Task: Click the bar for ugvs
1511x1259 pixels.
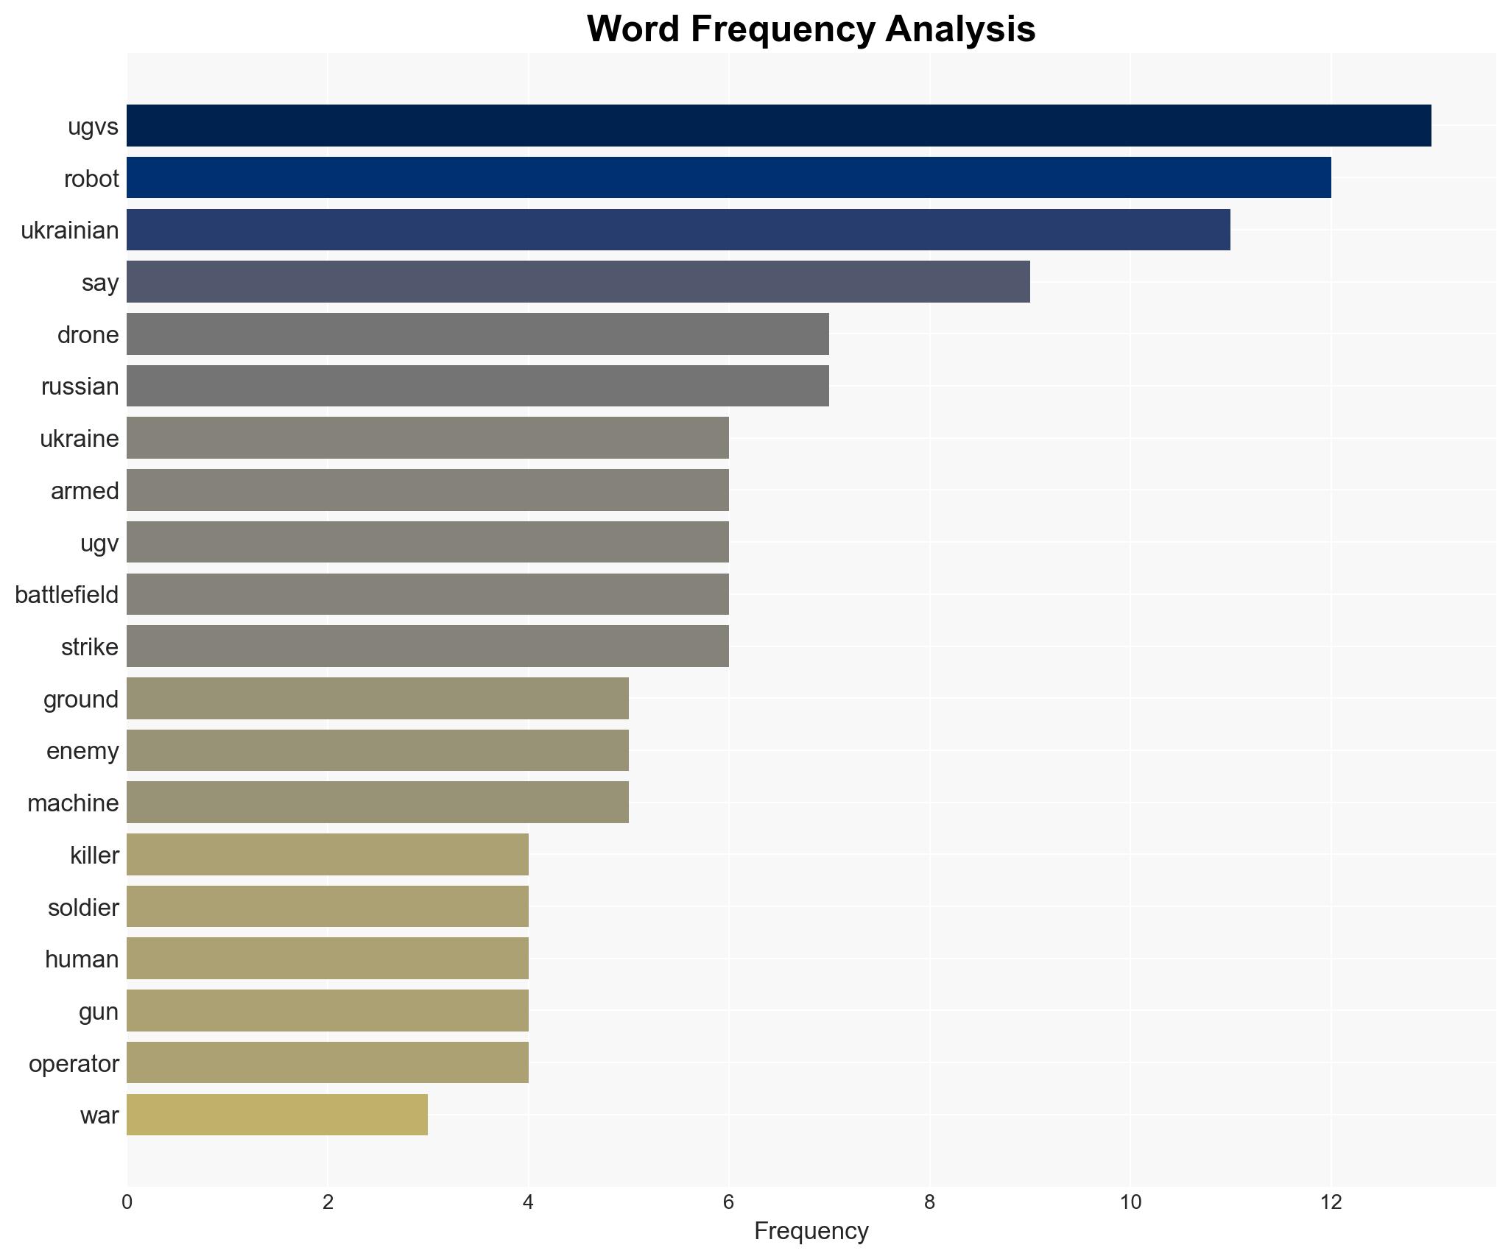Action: coord(778,126)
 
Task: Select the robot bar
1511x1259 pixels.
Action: coord(728,178)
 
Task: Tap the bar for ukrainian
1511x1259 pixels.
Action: coord(678,230)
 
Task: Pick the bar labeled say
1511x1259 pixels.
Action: coord(578,282)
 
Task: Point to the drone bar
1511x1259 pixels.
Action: coord(477,334)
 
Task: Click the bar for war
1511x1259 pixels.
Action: coord(277,1115)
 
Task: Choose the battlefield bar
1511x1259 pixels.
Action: coord(427,594)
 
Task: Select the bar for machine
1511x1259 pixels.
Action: coord(377,803)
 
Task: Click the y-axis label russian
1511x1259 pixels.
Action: coord(80,387)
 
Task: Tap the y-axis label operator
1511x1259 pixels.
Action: coord(74,1063)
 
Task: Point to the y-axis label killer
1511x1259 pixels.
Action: coord(94,855)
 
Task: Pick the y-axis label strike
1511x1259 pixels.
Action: coord(89,647)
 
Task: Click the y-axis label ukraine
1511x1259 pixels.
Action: coord(79,439)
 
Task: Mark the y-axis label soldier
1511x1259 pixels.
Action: coord(83,907)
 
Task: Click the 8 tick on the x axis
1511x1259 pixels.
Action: coord(929,1202)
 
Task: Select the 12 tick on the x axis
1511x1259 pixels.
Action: coord(1331,1202)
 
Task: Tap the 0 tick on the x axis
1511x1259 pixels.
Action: coord(127,1202)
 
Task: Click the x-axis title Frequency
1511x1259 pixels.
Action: coord(811,1231)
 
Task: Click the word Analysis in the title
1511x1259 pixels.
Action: coord(960,29)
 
